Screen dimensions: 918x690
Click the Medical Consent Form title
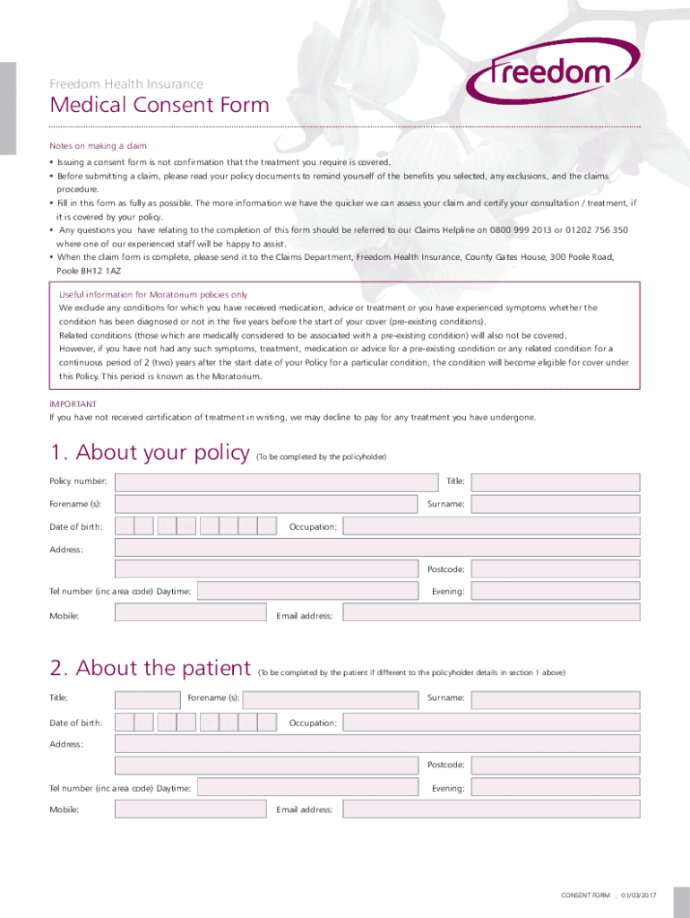pos(160,106)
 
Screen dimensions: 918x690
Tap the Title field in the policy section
pos(556,482)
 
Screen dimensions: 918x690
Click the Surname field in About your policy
pos(556,505)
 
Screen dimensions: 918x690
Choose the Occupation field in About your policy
pos(491,526)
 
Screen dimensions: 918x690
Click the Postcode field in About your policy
pos(556,569)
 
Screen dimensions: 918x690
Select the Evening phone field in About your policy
pos(556,592)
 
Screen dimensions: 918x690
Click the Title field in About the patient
pos(148,698)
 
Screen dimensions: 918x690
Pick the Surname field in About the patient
pos(556,698)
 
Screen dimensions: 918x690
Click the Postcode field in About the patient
pos(556,765)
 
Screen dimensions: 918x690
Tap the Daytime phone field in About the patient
pos(307,788)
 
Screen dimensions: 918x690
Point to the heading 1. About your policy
pos(149,454)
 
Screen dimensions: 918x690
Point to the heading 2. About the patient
pos(150,669)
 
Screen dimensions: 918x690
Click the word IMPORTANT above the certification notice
pos(73,404)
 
